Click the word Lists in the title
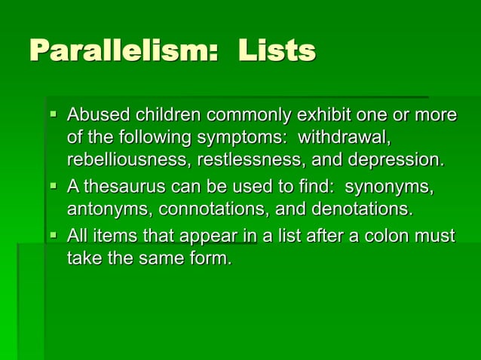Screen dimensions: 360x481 pyautogui.click(x=277, y=52)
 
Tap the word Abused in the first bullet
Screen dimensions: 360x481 pyautogui.click(x=98, y=116)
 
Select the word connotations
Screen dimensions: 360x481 pyautogui.click(x=211, y=207)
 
